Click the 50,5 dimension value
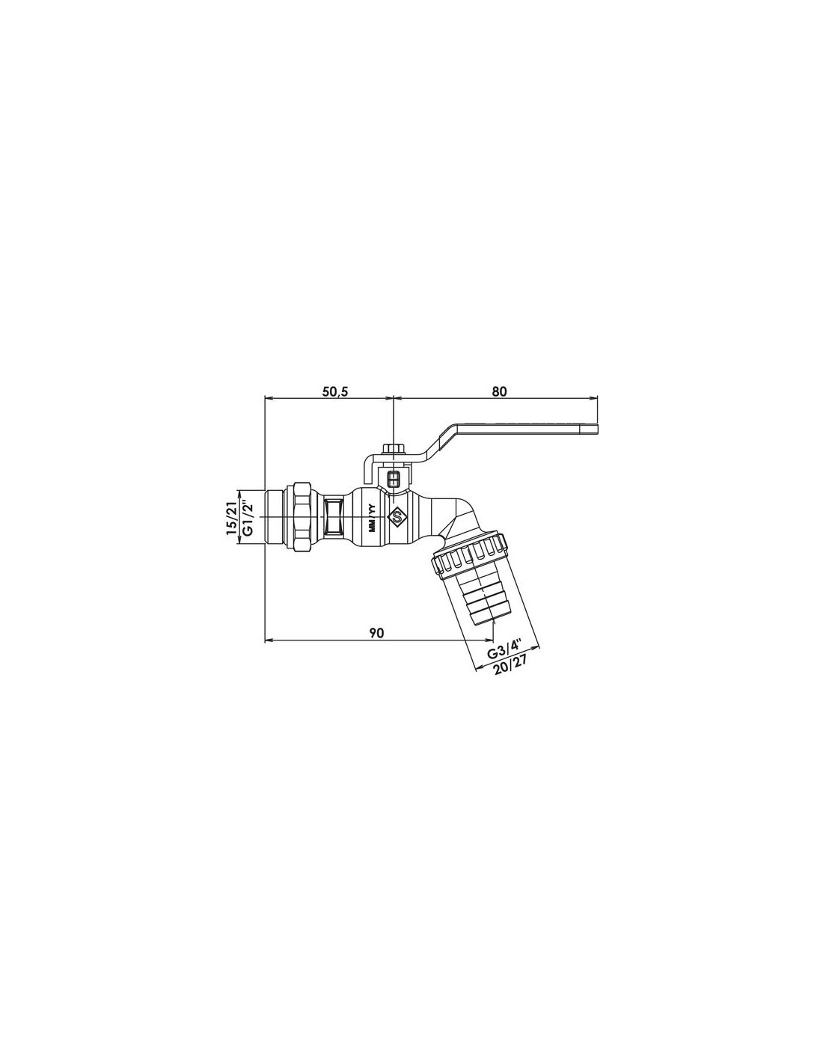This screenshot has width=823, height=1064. [x=335, y=391]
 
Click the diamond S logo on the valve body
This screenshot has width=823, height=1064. [x=397, y=516]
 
